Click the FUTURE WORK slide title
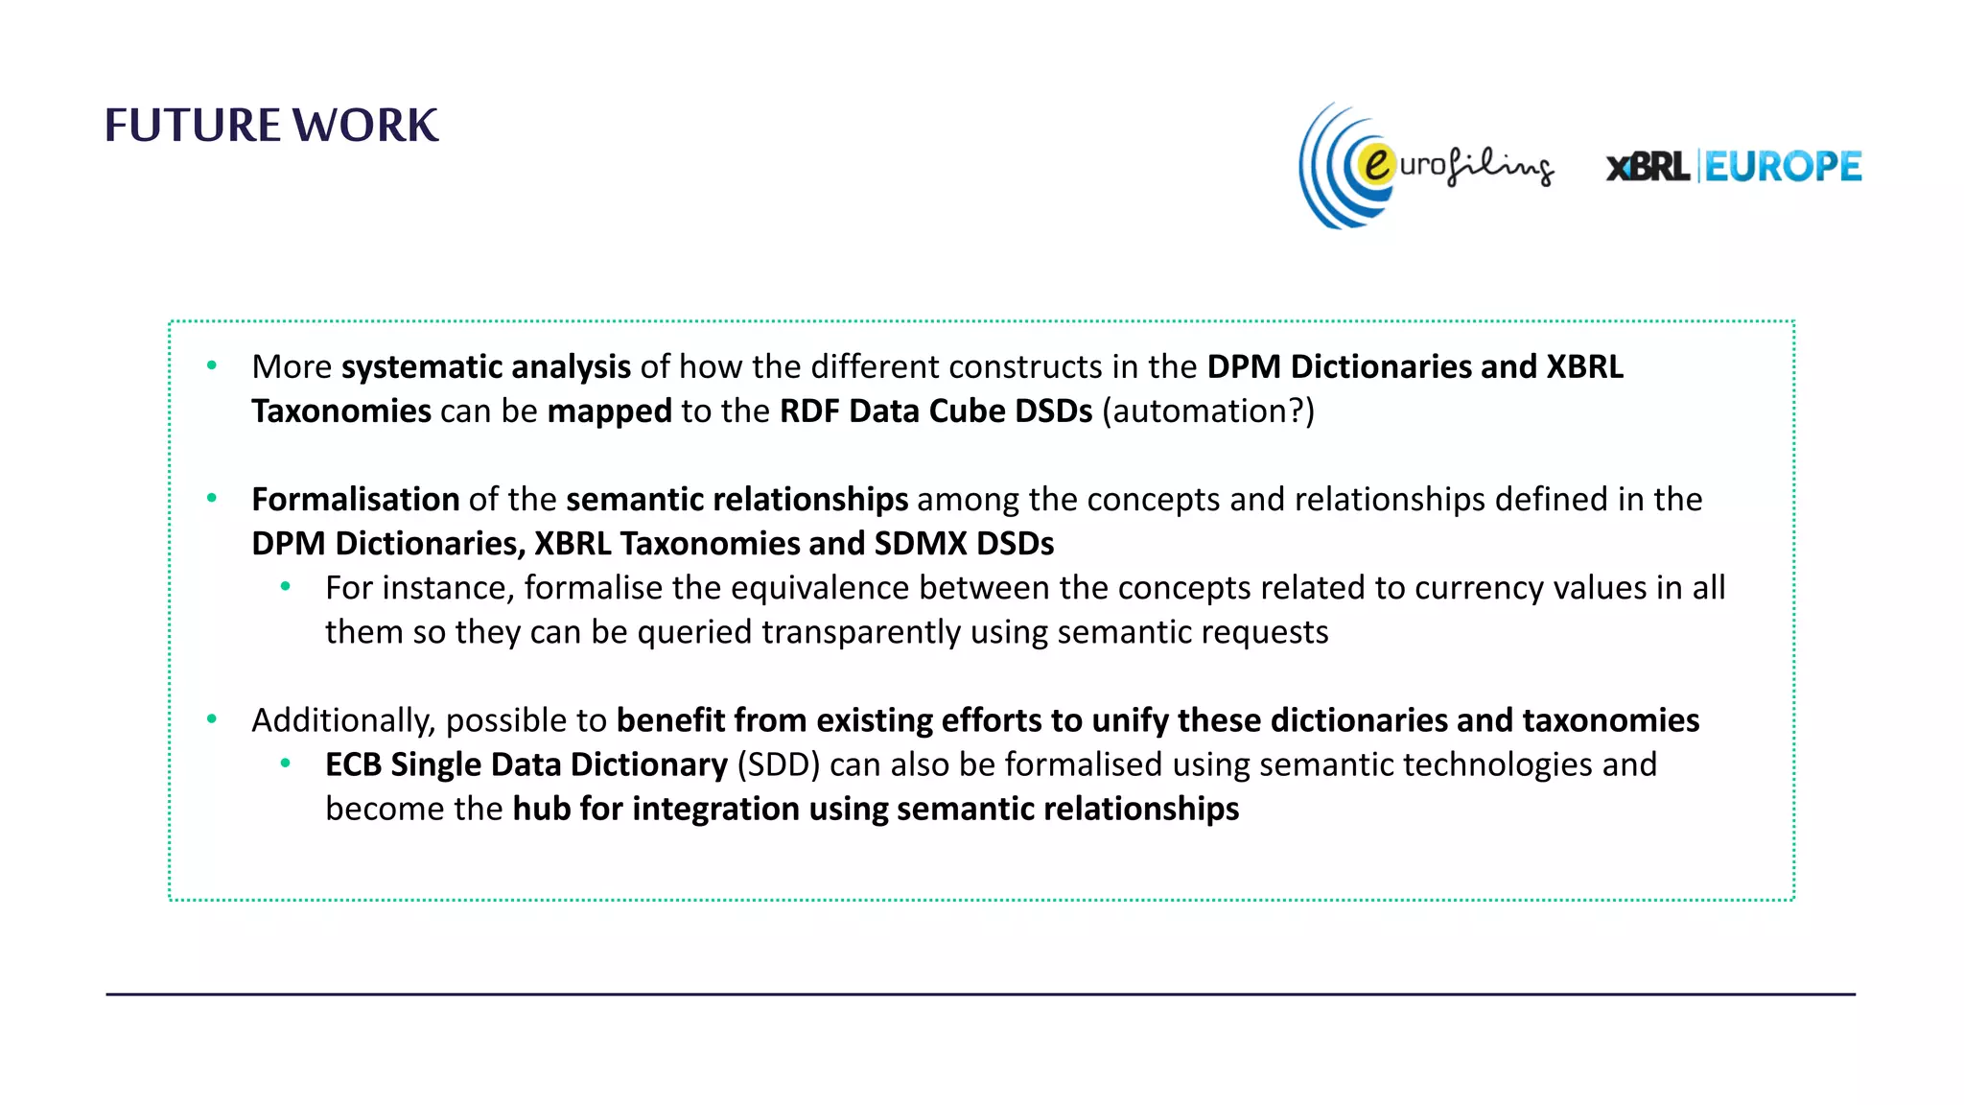(271, 126)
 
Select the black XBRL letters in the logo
(1648, 168)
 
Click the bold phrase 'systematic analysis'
(485, 366)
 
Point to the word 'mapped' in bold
(609, 411)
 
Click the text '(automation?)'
(1208, 411)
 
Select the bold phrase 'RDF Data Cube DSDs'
(935, 411)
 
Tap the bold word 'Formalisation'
(355, 499)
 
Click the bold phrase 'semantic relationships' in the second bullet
(736, 499)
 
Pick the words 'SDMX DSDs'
(964, 543)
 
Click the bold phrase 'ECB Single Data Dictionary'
(526, 764)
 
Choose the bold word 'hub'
(542, 809)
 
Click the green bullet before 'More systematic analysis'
(212, 365)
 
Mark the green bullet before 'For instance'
(285, 586)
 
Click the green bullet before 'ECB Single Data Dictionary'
(285, 764)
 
